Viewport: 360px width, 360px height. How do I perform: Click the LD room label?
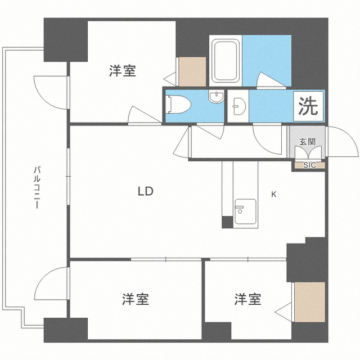[146, 191]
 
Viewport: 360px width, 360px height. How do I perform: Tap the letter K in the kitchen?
[274, 195]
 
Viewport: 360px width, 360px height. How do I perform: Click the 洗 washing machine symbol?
[308, 107]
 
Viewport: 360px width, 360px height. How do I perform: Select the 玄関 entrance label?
[307, 142]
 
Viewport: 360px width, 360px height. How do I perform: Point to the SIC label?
[309, 165]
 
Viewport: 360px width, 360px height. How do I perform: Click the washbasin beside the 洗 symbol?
[237, 105]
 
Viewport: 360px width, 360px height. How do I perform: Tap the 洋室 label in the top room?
[123, 71]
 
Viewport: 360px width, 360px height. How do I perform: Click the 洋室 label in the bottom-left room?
[136, 299]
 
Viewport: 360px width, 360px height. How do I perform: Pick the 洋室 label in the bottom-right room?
[247, 299]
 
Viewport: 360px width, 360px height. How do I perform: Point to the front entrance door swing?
[341, 142]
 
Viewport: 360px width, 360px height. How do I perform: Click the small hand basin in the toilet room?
[215, 97]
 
